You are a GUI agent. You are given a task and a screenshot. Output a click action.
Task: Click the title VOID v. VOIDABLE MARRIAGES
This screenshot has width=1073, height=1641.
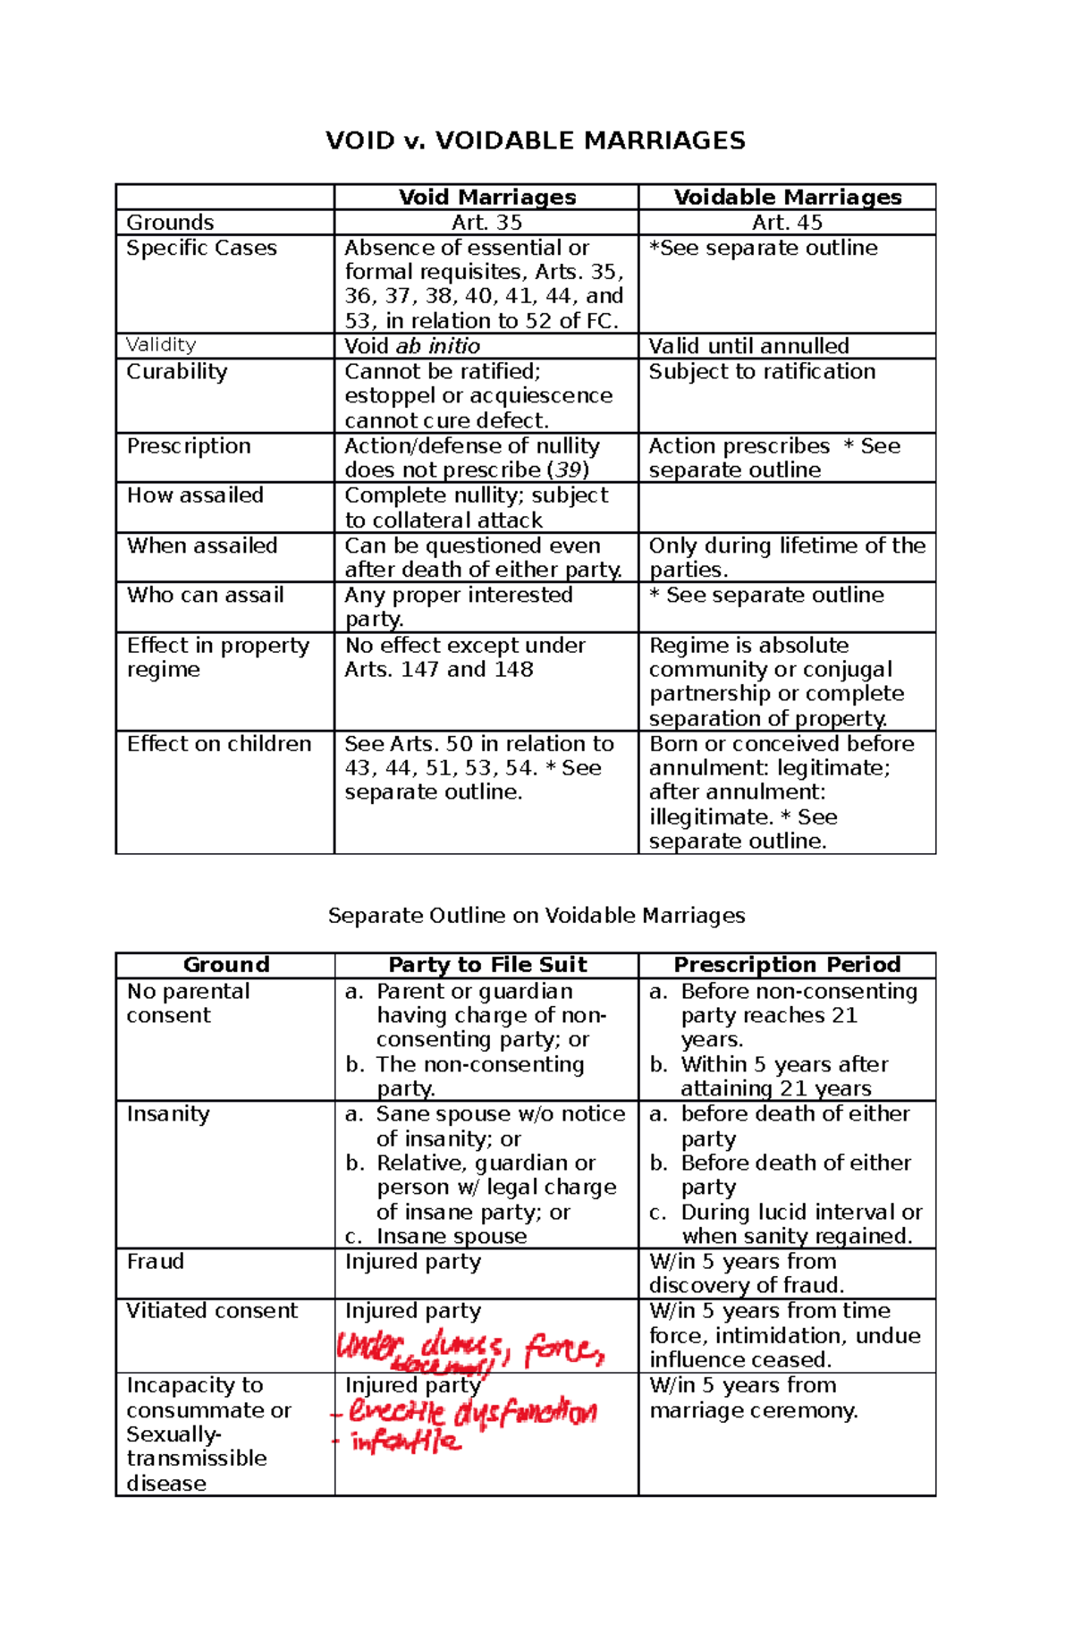pos(535,140)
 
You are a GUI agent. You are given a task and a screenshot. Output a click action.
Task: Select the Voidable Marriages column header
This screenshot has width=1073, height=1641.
pos(787,198)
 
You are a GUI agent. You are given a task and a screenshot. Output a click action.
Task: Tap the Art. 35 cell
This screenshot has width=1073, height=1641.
pos(486,223)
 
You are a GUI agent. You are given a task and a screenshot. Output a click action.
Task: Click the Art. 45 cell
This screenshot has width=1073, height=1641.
pos(787,223)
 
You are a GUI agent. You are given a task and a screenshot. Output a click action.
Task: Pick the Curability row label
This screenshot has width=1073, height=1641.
pos(177,371)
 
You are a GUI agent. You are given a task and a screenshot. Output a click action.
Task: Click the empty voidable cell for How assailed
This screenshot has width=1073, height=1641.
pos(787,508)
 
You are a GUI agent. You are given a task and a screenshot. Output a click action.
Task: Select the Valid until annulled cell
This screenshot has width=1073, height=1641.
pos(748,346)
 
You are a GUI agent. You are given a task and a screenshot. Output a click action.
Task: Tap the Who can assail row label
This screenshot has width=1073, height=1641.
pos(205,595)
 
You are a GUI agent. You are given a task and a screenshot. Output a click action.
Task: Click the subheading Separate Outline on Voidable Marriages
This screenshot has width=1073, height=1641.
pos(536,915)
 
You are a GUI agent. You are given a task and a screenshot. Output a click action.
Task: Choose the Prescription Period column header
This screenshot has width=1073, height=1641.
pos(787,965)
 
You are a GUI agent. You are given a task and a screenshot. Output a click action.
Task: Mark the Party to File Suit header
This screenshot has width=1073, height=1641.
pos(487,965)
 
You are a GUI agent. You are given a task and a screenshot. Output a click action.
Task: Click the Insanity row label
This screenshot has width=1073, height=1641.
pos(168,1114)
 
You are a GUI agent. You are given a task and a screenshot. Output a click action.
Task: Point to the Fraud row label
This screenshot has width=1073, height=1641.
pos(155,1262)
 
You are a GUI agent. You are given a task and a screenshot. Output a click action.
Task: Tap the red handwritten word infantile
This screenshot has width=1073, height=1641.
pos(406,1442)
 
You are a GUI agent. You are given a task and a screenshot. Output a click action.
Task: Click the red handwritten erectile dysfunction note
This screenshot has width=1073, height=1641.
pos(472,1413)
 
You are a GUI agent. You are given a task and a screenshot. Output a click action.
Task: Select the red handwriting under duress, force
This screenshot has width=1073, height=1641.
pos(471,1349)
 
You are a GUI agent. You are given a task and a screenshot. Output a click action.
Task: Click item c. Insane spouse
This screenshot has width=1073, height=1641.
pos(451,1236)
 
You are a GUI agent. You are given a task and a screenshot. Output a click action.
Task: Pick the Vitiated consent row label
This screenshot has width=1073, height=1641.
pos(211,1311)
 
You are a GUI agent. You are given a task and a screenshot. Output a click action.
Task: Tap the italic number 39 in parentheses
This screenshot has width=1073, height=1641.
pos(568,470)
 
